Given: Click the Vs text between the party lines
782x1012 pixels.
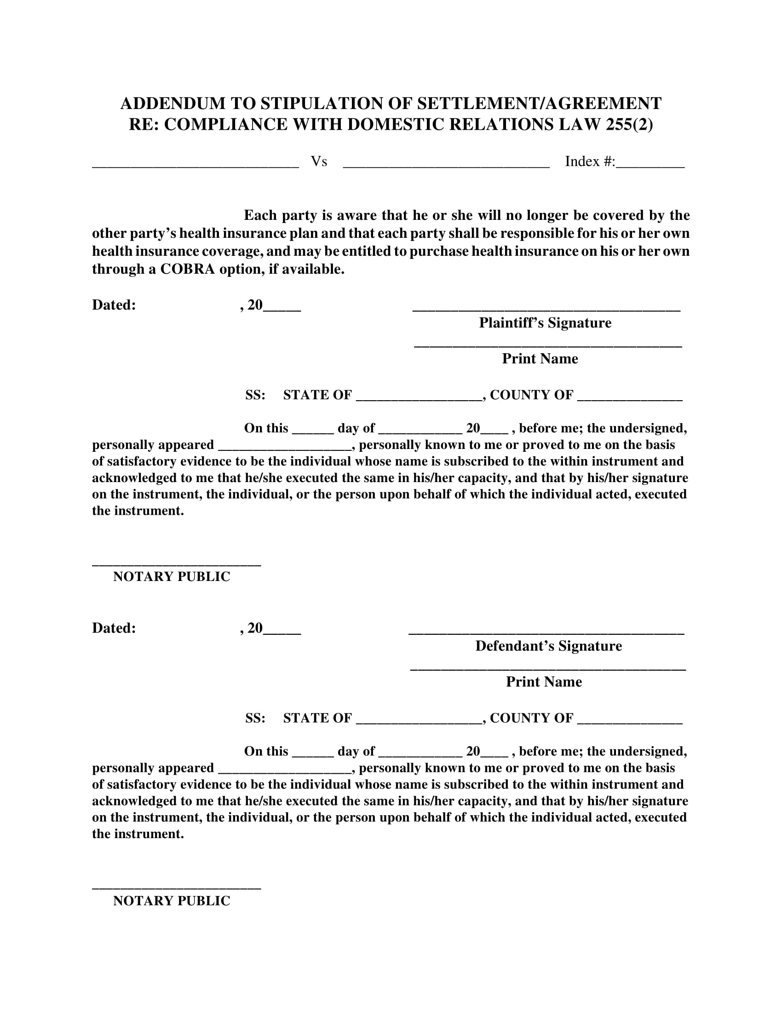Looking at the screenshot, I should pos(319,161).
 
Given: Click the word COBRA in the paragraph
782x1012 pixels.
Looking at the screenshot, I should pos(187,269).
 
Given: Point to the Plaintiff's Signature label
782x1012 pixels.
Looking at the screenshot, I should pos(545,323).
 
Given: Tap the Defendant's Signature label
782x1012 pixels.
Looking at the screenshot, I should pos(548,646).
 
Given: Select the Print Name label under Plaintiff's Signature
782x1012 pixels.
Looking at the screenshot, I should pos(540,359).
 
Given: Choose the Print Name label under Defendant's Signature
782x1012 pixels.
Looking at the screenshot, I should pos(543,682).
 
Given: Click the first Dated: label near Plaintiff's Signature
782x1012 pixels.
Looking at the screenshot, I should pos(114,305).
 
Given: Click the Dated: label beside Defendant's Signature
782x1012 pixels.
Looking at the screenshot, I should pos(114,628).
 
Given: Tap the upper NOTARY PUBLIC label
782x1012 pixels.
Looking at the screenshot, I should pos(172,576).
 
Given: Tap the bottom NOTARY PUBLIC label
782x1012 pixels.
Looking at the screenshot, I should pos(172,901).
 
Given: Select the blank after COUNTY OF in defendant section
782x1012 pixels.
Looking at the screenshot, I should pos(630,722).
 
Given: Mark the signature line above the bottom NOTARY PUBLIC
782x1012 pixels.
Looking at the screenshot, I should pos(177,888).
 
